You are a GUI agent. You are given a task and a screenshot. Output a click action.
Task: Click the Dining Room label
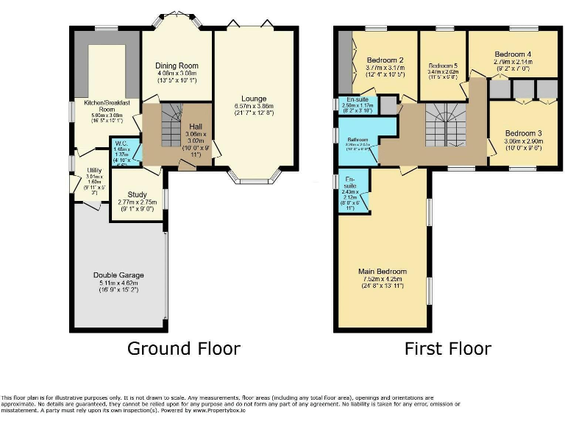click(x=177, y=66)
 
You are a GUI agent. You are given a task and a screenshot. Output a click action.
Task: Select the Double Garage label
click(x=118, y=275)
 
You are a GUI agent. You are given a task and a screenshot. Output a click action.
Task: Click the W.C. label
click(x=120, y=144)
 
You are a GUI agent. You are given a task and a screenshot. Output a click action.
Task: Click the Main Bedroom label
click(x=382, y=272)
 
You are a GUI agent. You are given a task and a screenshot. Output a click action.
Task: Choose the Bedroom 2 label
click(x=385, y=60)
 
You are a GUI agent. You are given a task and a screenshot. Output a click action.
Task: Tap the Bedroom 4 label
click(x=513, y=54)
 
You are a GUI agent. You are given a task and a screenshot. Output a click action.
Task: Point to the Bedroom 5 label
click(x=443, y=66)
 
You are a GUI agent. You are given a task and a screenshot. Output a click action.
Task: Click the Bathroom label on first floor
click(x=358, y=139)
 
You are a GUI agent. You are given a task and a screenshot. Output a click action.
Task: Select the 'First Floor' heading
click(x=447, y=348)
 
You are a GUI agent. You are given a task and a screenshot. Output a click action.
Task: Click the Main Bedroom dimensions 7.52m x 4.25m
click(x=382, y=279)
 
